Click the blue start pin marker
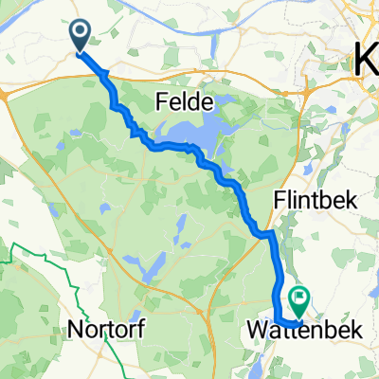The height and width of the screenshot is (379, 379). pos(80,35)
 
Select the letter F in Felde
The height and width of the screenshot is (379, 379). pos(160,100)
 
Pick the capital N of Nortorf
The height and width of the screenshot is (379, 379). pos(74,330)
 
